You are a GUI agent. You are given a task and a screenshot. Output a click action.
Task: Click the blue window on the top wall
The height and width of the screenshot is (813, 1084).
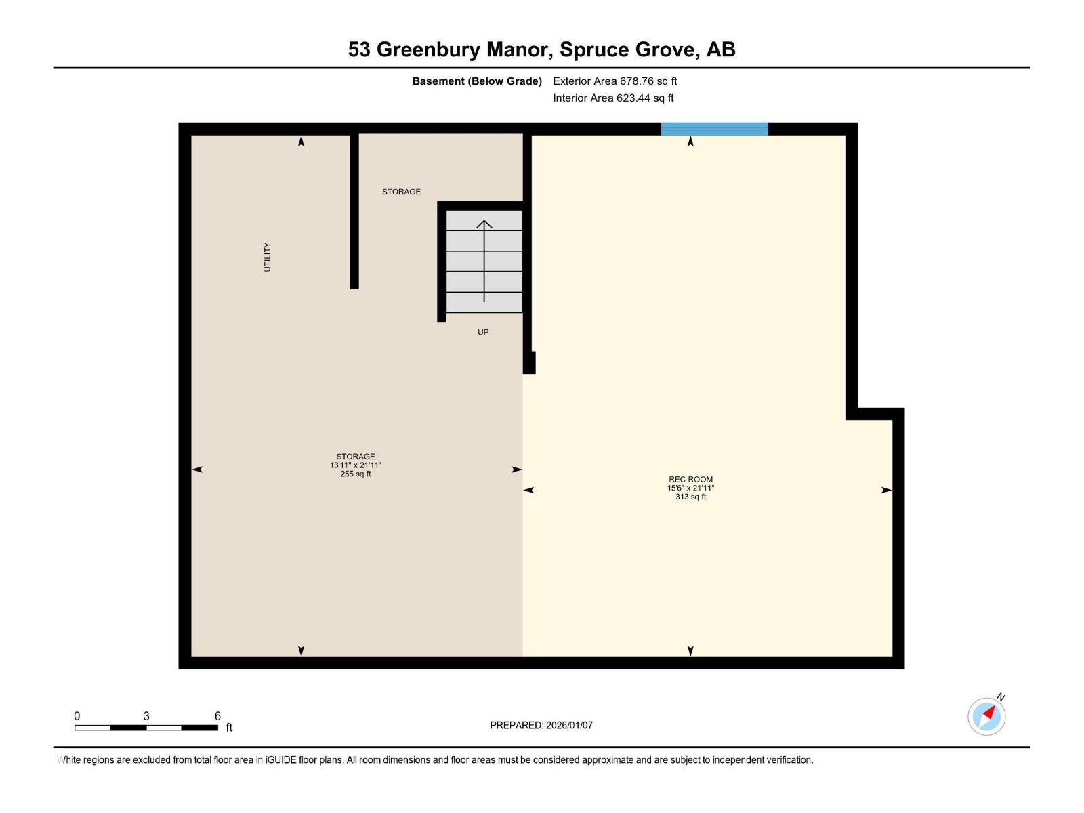click(714, 129)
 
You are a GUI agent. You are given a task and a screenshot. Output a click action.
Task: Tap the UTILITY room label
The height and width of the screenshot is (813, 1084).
click(267, 257)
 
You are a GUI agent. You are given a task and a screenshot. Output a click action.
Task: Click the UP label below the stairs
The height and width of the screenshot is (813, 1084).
click(483, 332)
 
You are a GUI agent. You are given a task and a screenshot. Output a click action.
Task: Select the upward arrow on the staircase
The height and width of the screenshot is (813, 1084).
click(484, 261)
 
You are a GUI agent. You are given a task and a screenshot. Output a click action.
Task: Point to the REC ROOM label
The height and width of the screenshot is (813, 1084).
click(690, 479)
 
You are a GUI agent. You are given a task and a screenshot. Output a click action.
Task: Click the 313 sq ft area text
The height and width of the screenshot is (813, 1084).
click(690, 497)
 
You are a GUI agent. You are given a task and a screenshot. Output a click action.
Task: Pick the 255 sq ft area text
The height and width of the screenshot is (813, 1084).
click(355, 474)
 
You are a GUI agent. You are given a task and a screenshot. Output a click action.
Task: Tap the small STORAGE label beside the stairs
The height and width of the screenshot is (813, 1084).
click(401, 192)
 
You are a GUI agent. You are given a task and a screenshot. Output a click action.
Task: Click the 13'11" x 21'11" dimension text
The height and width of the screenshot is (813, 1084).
click(355, 465)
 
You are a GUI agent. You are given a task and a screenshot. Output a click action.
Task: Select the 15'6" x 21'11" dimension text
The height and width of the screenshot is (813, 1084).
click(690, 488)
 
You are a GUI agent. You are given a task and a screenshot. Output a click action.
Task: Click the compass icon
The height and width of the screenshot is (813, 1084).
click(986, 716)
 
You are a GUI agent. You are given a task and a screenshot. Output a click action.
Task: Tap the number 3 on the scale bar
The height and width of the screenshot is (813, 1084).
click(146, 715)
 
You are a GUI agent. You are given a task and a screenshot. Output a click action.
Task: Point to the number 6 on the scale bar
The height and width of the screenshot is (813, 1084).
click(217, 715)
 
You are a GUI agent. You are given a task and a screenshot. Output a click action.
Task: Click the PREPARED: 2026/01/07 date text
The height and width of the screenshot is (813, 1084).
click(541, 725)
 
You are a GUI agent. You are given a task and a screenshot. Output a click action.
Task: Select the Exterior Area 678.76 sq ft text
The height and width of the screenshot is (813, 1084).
click(614, 81)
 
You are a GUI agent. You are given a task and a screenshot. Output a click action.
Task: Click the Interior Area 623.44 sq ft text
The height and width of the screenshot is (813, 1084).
click(613, 98)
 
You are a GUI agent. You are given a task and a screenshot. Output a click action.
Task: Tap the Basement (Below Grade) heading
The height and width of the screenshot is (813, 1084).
click(477, 81)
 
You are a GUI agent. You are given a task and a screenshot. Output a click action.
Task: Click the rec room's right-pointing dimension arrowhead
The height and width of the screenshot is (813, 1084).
click(885, 490)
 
